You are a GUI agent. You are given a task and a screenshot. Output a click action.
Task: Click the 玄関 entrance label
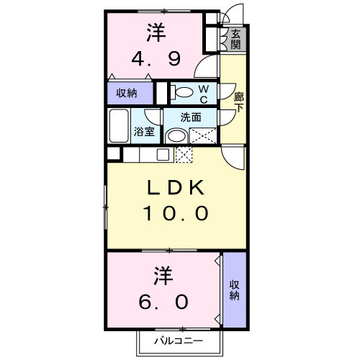(235, 40)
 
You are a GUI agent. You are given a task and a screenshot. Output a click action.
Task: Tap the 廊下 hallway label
(239, 102)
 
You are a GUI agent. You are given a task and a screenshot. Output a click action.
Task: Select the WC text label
(204, 94)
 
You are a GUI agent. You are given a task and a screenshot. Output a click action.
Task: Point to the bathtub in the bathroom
(119, 125)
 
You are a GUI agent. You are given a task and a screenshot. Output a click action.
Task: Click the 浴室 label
(144, 132)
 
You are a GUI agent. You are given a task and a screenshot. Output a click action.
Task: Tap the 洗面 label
(191, 117)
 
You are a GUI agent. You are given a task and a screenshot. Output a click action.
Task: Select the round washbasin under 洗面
(177, 136)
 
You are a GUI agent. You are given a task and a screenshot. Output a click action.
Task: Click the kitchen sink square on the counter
(163, 155)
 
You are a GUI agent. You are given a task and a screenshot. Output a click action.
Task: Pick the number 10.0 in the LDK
(176, 213)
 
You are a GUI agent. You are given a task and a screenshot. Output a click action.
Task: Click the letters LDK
(176, 187)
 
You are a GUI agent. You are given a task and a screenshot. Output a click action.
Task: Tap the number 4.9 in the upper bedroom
(156, 59)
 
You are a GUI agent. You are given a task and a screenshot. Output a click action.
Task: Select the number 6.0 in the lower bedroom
(163, 302)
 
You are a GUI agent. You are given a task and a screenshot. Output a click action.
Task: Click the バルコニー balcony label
(179, 341)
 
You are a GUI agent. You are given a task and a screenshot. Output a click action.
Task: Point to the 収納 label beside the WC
(127, 93)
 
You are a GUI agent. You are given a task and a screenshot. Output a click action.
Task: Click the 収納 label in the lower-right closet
(234, 290)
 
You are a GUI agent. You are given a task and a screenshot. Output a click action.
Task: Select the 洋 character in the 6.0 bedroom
(163, 275)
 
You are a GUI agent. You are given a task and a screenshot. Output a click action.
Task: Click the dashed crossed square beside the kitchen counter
(184, 155)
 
